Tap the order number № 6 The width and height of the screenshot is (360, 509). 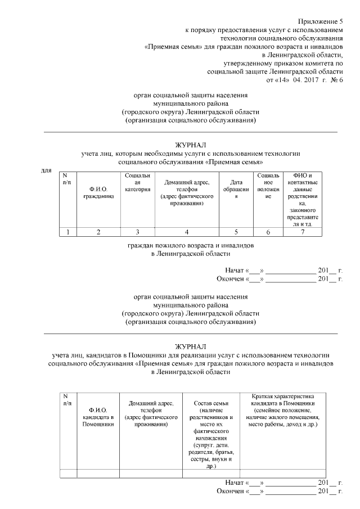tap(335, 80)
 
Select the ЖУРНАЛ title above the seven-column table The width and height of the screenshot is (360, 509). tap(191, 145)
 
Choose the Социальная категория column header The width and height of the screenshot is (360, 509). tap(138, 183)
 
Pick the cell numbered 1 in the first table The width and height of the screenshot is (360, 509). tap(68, 232)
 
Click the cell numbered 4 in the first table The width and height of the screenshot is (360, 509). tap(186, 232)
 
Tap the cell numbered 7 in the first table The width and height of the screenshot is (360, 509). tap(303, 232)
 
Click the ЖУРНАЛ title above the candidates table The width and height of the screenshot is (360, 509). tap(191, 345)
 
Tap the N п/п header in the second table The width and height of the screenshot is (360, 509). tap(67, 400)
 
